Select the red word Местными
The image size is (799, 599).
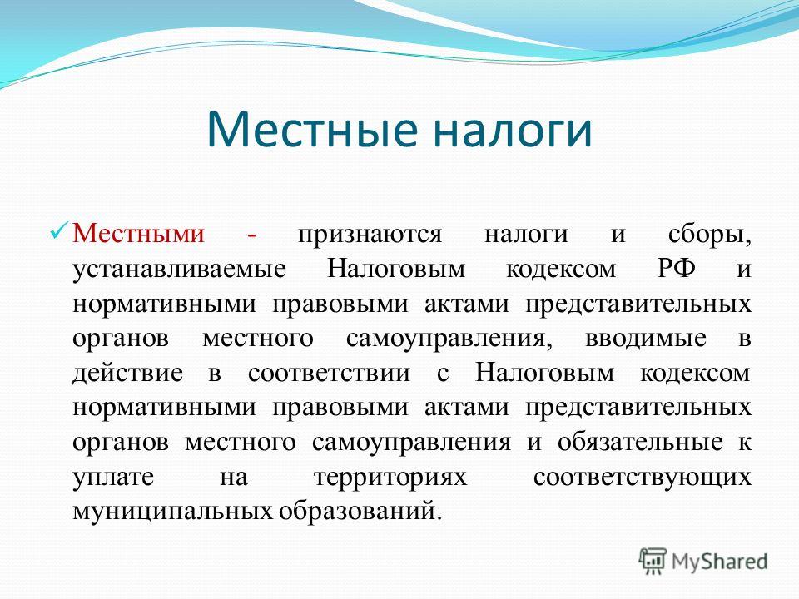(139, 234)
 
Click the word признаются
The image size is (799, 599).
(370, 235)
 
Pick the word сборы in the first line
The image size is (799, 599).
(709, 235)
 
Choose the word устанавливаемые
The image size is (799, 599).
(180, 270)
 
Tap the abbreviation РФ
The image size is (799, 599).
(676, 268)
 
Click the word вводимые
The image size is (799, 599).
(646, 339)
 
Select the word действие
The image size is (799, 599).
(127, 374)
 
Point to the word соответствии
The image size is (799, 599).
(330, 373)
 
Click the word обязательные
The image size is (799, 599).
(640, 442)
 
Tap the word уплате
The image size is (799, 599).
(113, 478)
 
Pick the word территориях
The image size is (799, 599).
(390, 478)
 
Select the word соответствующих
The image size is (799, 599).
(643, 478)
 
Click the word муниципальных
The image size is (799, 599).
(173, 512)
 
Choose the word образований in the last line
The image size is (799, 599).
(358, 511)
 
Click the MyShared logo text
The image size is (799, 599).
(719, 562)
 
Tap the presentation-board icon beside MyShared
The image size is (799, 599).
(653, 561)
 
